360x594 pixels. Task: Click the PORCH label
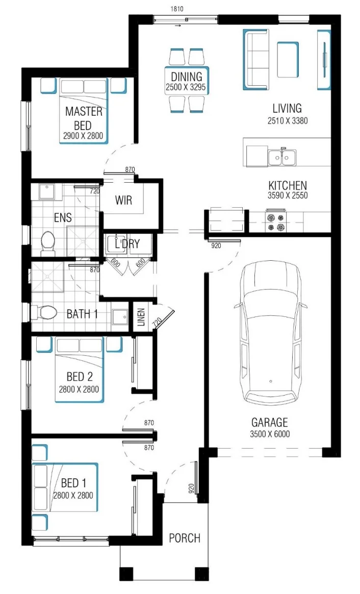click(185, 538)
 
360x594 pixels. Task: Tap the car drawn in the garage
click(270, 333)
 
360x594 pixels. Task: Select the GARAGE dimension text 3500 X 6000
click(270, 434)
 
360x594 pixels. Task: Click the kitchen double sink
click(282, 157)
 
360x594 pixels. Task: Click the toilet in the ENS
click(48, 242)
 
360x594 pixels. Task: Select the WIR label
click(123, 200)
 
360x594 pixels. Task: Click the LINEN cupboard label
click(141, 317)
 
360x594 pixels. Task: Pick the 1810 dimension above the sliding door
click(177, 9)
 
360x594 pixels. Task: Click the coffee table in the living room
click(288, 60)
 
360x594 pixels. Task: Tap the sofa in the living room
click(256, 60)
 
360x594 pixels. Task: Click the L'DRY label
click(127, 243)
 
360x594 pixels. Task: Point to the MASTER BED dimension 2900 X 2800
click(83, 136)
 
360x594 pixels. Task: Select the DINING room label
click(186, 77)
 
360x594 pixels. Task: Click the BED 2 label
click(80, 377)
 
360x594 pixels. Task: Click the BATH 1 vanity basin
click(120, 317)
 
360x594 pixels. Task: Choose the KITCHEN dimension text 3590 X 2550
click(288, 195)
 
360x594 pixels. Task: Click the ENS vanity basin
click(47, 192)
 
